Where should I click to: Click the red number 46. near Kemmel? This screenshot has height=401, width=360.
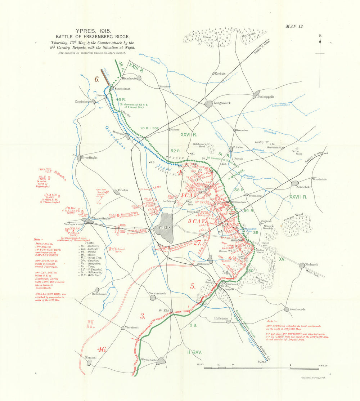coord(102,349)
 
